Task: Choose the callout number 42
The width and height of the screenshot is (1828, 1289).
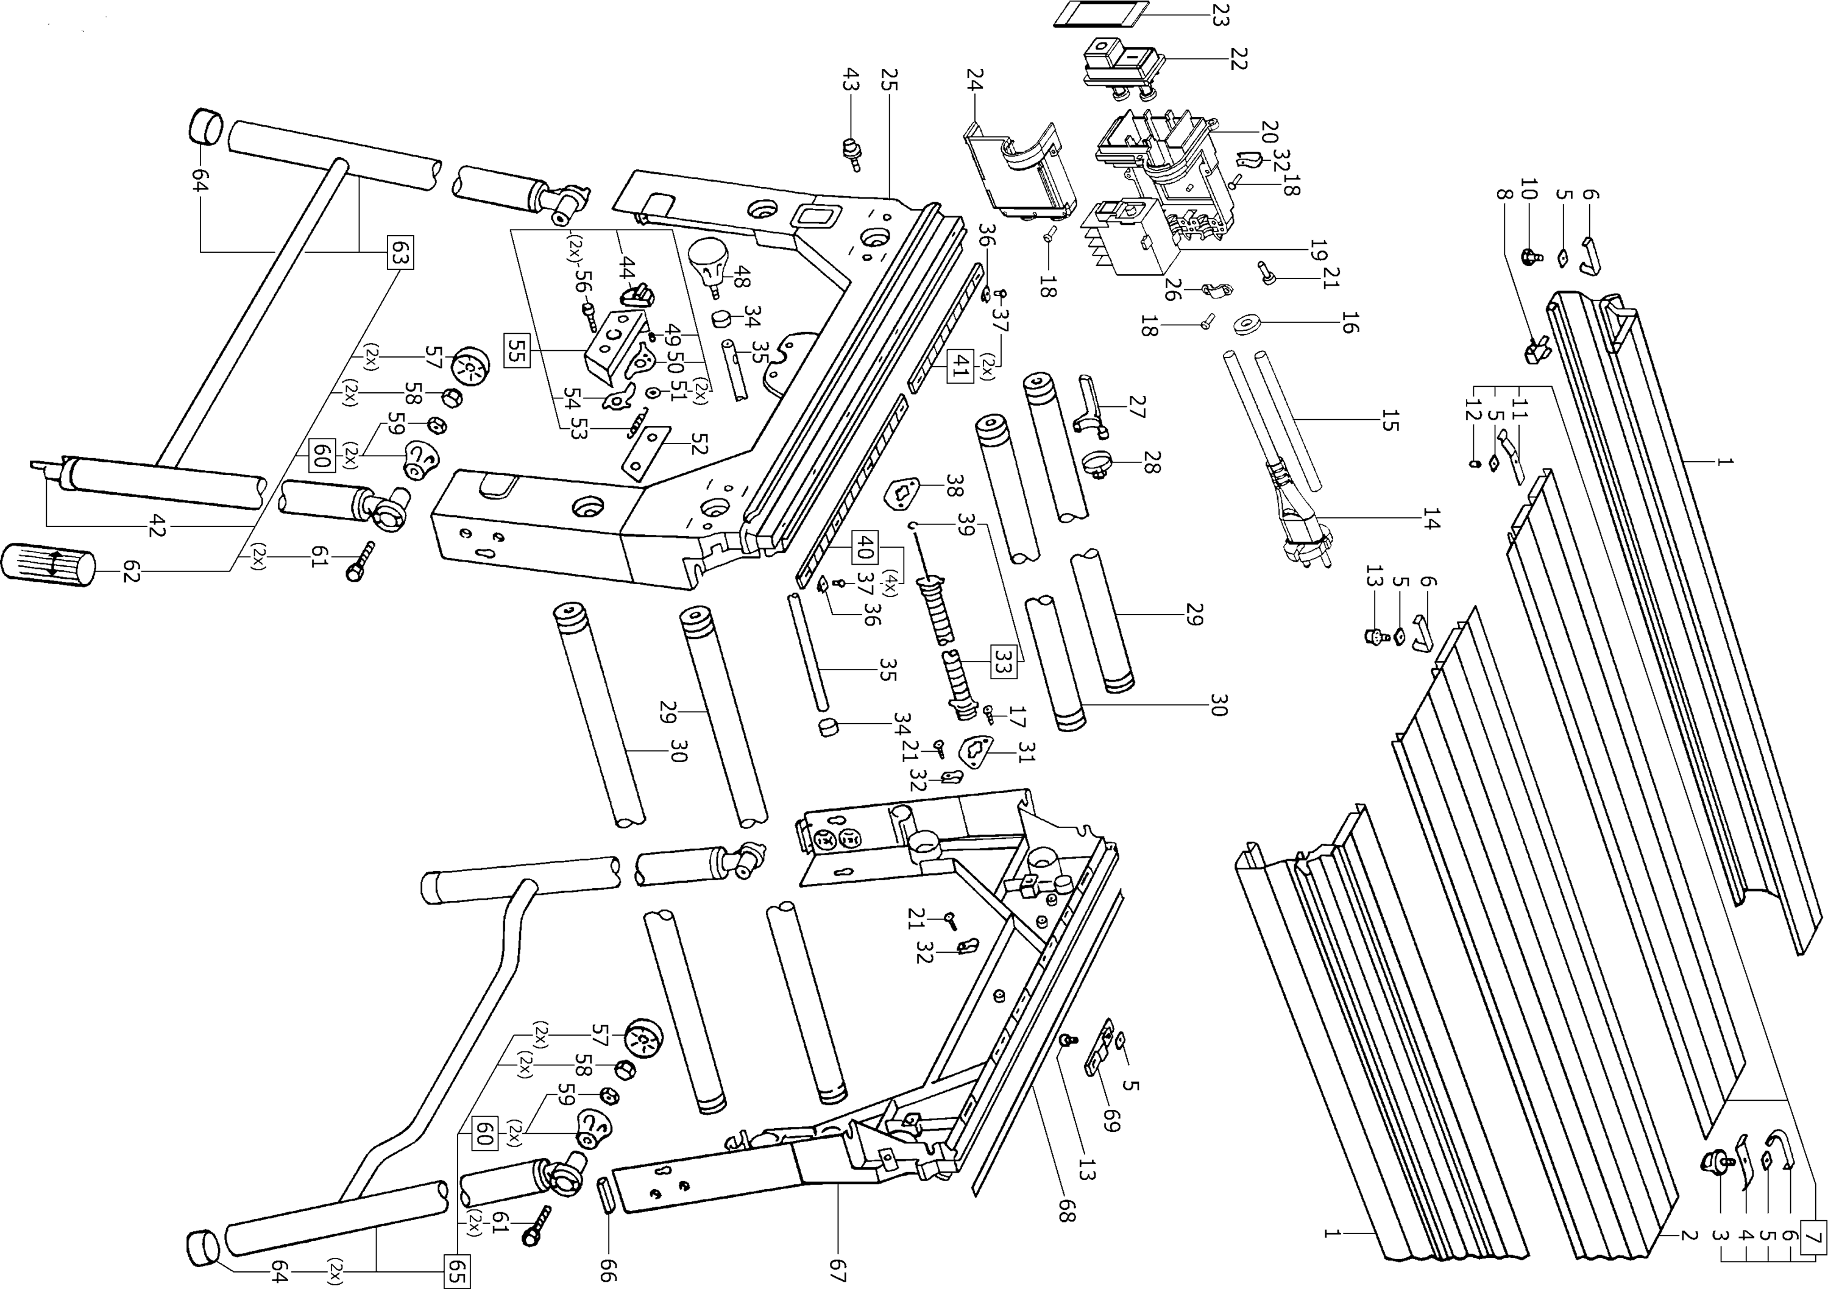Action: [156, 526]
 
